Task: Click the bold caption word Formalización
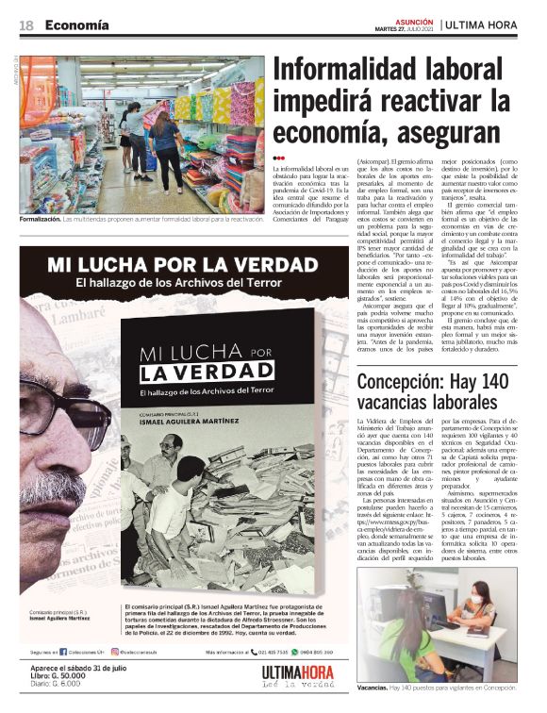click(x=40, y=219)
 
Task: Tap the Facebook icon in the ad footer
click(x=63, y=650)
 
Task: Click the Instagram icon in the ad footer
click(x=112, y=650)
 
